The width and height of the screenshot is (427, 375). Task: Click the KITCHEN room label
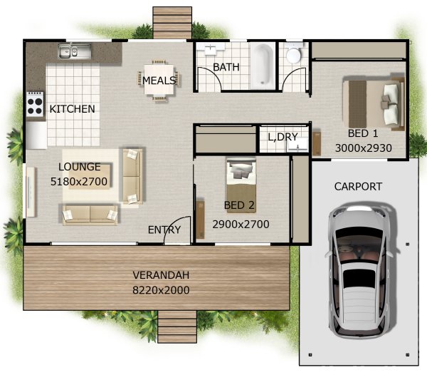(x=72, y=109)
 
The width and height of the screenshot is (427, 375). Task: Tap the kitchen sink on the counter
(x=74, y=51)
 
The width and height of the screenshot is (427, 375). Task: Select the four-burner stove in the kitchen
(x=35, y=104)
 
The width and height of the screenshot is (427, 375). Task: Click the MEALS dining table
(x=159, y=80)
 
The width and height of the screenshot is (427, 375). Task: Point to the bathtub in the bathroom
(x=262, y=66)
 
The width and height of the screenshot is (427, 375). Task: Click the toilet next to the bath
(x=293, y=53)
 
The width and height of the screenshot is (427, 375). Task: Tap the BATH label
(x=226, y=67)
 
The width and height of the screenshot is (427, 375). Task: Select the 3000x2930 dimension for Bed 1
(x=363, y=148)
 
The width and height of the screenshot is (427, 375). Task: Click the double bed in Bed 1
(x=374, y=103)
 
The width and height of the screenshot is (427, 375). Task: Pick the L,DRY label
(x=283, y=137)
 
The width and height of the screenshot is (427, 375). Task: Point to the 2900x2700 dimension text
(x=241, y=225)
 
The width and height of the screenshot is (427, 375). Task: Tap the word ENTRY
(x=164, y=230)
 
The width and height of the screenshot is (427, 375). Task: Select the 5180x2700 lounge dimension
(x=79, y=181)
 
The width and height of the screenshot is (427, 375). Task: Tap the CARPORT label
(x=358, y=187)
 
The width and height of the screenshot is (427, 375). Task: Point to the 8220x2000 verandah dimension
(x=161, y=290)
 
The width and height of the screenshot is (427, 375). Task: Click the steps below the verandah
(x=177, y=327)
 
